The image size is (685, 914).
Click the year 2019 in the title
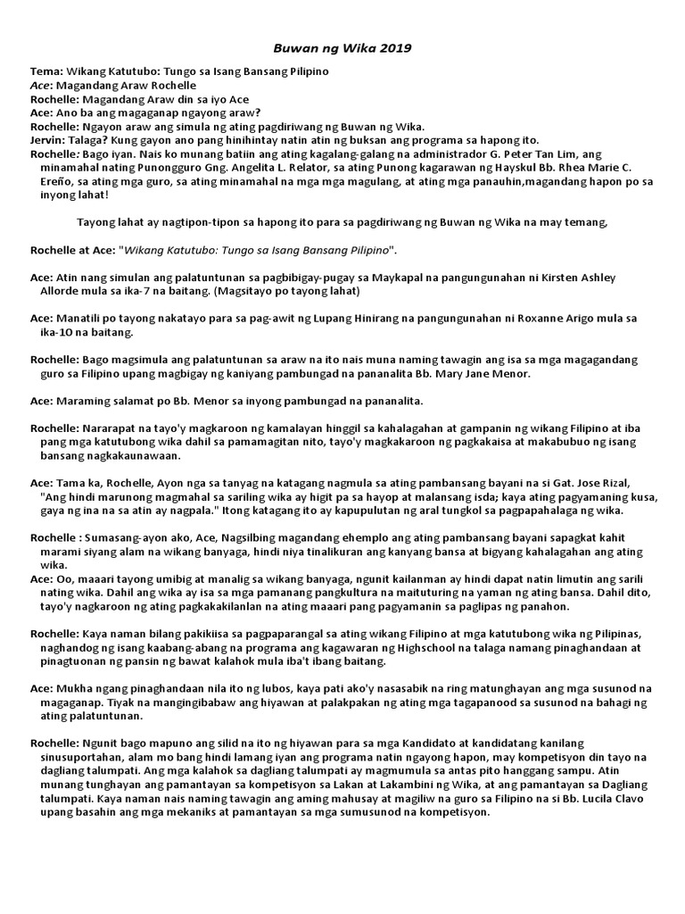tap(396, 48)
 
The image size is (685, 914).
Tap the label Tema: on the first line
tap(45, 71)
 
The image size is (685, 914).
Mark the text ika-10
tap(57, 332)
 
